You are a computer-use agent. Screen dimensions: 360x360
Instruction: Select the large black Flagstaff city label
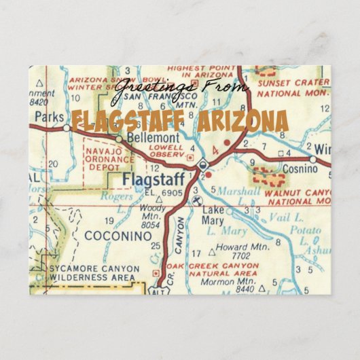[x=154, y=179]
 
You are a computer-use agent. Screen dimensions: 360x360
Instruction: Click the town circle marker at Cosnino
[x=313, y=160]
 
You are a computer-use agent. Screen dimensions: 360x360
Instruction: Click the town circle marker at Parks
[x=65, y=127]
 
